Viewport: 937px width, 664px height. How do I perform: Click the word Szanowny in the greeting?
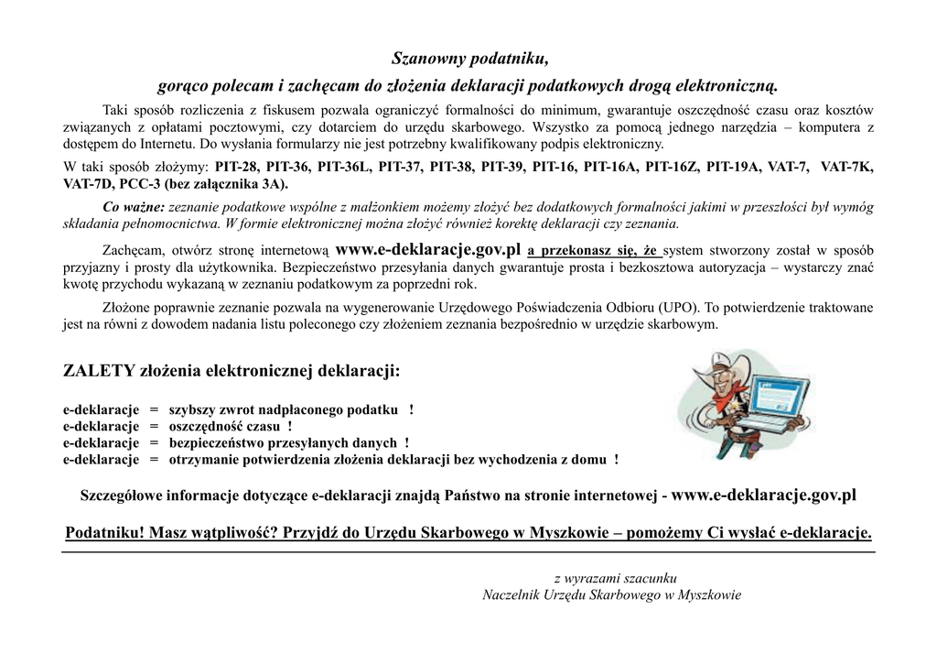point(427,60)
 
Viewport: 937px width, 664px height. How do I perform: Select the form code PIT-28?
point(238,168)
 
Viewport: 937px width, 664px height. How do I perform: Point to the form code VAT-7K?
point(846,168)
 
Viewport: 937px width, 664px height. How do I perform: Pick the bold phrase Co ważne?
point(134,207)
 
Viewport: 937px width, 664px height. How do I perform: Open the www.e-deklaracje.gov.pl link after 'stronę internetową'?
point(428,249)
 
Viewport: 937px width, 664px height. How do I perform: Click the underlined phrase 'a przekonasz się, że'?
point(594,250)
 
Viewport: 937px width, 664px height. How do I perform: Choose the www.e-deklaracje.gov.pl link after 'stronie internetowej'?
point(764,495)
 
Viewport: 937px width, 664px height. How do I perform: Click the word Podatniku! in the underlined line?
point(105,534)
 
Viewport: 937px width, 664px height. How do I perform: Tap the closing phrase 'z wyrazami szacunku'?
point(615,579)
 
